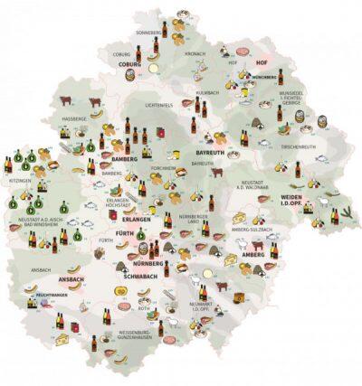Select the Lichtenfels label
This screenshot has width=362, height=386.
point(158,106)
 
